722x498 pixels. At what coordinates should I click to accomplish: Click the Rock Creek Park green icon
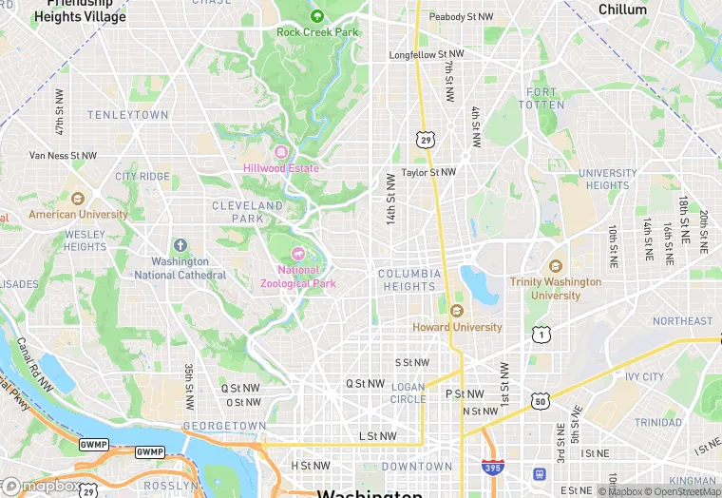tap(316, 15)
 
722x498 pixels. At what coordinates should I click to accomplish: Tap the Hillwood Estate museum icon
tap(280, 152)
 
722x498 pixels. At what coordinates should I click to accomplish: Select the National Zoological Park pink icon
tap(298, 253)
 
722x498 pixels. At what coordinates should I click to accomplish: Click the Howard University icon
tap(457, 311)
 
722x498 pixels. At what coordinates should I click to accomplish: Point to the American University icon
tap(78, 199)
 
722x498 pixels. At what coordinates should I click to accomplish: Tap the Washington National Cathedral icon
tap(180, 246)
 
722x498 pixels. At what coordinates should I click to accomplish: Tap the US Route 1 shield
tap(541, 334)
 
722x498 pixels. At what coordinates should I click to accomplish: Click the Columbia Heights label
tap(409, 280)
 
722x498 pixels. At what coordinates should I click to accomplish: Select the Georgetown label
tap(224, 426)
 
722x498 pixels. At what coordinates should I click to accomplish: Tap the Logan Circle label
tap(408, 393)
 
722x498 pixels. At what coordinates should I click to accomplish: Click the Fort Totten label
tap(542, 98)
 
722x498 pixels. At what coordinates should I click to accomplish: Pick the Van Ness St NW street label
tap(64, 155)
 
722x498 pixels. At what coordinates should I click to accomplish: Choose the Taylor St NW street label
tap(428, 172)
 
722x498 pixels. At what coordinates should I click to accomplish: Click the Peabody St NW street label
tap(461, 17)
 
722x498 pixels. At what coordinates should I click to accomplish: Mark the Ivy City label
tap(645, 377)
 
